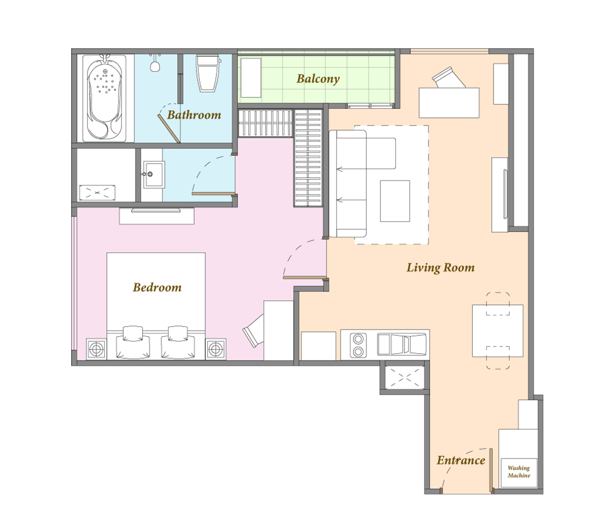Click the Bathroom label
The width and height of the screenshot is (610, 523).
[194, 115]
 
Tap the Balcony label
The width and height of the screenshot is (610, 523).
[318, 78]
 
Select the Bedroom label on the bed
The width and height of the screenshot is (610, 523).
[157, 288]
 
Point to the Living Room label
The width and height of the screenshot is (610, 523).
[440, 267]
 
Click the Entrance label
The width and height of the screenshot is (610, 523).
[460, 460]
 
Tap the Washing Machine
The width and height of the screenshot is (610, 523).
[519, 471]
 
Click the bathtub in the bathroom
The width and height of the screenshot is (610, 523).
[105, 98]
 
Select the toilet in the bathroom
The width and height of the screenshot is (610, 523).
[207, 73]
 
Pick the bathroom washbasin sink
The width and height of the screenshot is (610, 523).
[154, 174]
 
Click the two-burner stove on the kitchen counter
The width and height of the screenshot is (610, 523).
[358, 345]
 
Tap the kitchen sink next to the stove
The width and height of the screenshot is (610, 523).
[402, 344]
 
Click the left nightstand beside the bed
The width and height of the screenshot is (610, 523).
[96, 349]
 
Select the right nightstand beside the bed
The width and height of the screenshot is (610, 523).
[216, 349]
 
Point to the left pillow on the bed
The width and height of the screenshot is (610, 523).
[133, 343]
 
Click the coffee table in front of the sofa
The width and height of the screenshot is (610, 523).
[395, 201]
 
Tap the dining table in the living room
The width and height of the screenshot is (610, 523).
[497, 331]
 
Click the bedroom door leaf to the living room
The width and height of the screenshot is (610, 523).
[305, 277]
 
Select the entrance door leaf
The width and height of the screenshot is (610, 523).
[491, 469]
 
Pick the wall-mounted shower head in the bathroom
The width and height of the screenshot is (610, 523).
[155, 63]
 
